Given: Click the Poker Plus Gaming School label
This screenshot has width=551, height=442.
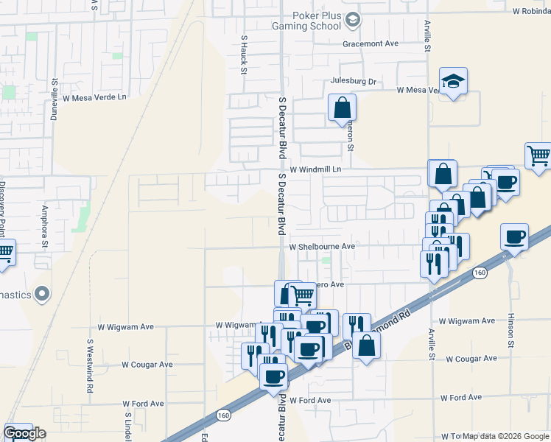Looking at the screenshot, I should (x=317, y=20).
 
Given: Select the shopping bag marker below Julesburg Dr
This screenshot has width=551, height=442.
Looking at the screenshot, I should (x=342, y=108).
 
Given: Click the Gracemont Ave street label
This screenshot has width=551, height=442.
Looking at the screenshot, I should (x=371, y=43).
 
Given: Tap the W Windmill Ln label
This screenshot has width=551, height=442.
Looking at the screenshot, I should (x=317, y=169).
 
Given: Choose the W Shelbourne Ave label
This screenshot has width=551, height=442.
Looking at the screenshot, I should (x=322, y=247).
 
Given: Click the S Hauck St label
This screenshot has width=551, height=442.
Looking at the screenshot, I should (x=243, y=55).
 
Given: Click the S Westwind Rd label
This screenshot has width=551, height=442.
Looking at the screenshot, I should (x=90, y=365).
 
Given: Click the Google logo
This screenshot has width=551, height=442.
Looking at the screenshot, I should (x=24, y=434).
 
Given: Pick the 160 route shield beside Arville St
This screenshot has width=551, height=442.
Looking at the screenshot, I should (x=480, y=273).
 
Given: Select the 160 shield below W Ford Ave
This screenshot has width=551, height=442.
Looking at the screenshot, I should (x=224, y=416).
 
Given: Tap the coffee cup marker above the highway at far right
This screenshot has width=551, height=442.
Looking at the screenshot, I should (x=514, y=237).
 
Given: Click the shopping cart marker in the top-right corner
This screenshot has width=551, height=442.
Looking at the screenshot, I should (x=538, y=155).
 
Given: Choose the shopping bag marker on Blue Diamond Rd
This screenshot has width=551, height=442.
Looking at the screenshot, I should (x=366, y=345).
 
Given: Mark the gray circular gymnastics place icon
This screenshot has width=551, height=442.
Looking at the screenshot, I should (x=42, y=295).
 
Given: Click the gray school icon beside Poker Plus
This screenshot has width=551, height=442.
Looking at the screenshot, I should (x=353, y=20).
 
